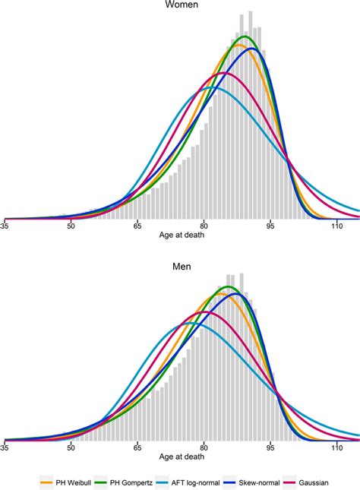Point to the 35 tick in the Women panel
click(x=5, y=226)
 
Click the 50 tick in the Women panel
click(x=71, y=226)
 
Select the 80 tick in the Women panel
click(x=204, y=226)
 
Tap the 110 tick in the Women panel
click(x=336, y=226)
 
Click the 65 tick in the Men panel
click(x=137, y=448)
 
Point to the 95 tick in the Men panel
click(x=270, y=448)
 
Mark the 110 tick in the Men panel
click(x=336, y=448)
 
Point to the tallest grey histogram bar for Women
click(x=250, y=13)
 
